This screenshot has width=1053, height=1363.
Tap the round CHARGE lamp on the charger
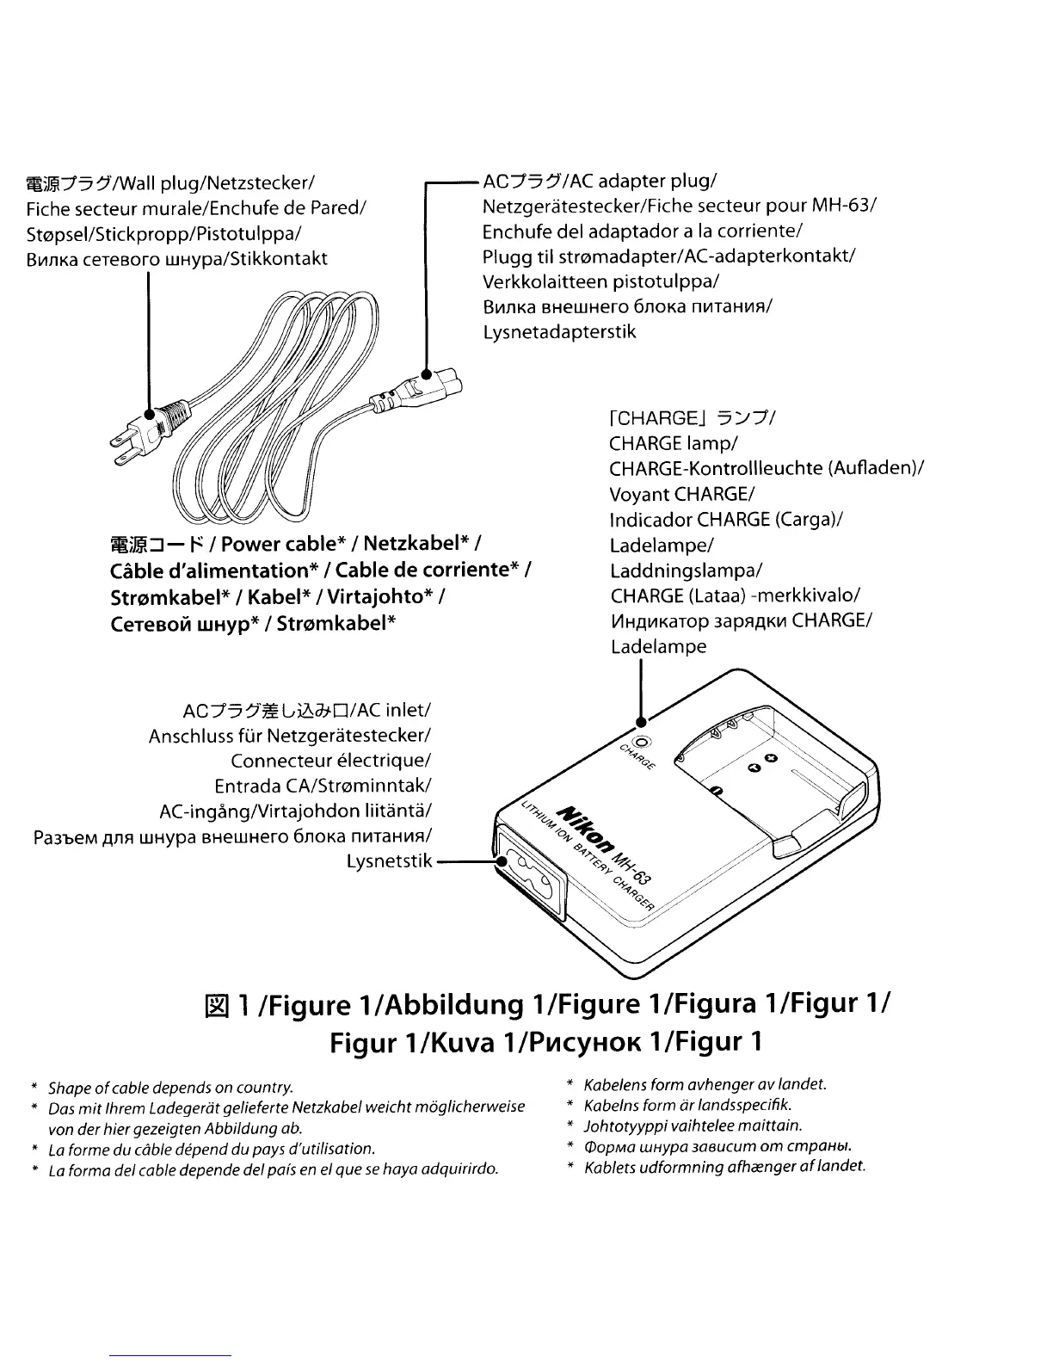point(643,741)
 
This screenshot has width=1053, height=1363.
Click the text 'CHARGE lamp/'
point(673,444)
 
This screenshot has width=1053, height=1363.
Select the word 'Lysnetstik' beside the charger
point(389,861)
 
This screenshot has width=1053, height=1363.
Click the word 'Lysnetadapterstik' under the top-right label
point(559,332)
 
